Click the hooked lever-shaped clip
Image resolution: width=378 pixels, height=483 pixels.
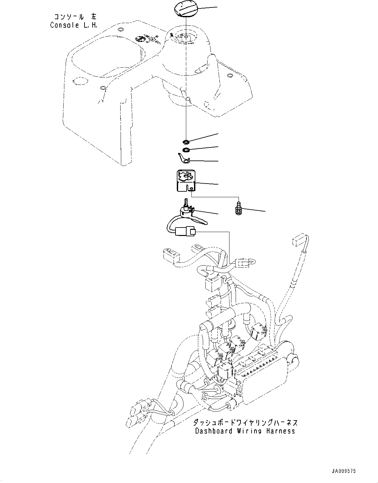pos(184,159)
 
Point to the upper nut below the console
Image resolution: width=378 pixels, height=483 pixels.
pos(186,142)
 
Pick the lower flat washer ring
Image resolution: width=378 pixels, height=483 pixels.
pos(186,150)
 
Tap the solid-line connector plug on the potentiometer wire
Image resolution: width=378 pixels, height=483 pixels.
pos(185,232)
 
